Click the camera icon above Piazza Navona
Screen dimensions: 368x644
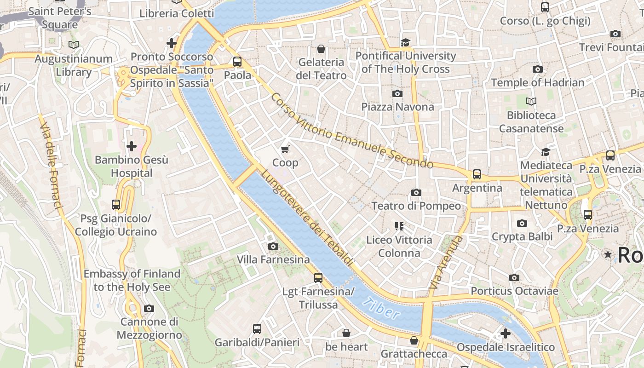pyautogui.click(x=397, y=94)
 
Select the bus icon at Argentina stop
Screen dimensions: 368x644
pyautogui.click(x=477, y=174)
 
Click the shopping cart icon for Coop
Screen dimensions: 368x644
pyautogui.click(x=285, y=149)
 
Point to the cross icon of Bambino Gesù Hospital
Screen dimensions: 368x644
pyautogui.click(x=132, y=147)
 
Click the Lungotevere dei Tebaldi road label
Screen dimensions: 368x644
pyautogui.click(x=307, y=218)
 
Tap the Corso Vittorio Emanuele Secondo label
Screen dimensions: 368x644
pyautogui.click(x=351, y=131)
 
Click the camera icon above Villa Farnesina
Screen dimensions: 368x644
pyautogui.click(x=273, y=247)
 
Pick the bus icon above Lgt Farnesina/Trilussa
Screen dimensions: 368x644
pyautogui.click(x=318, y=278)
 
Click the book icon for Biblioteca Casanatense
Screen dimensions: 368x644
pyautogui.click(x=531, y=101)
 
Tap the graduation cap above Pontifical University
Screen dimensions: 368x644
pyautogui.click(x=405, y=43)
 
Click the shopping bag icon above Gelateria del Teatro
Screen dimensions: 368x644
pyautogui.click(x=321, y=49)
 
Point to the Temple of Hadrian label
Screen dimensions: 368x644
pyautogui.click(x=537, y=83)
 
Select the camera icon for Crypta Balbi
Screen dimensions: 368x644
pyautogui.click(x=522, y=224)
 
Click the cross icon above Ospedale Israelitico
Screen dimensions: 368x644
pyautogui.click(x=506, y=333)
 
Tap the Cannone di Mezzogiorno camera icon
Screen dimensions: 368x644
pyautogui.click(x=149, y=309)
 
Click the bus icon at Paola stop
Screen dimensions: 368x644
pyautogui.click(x=237, y=62)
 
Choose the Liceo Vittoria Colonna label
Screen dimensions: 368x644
pyautogui.click(x=399, y=246)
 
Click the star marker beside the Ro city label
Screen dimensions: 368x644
pyautogui.click(x=608, y=254)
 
